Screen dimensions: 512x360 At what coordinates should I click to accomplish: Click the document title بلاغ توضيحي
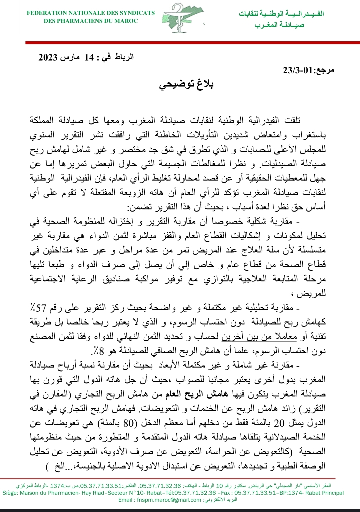[179, 85]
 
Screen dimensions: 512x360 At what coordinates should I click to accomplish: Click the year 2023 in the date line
[49, 57]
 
